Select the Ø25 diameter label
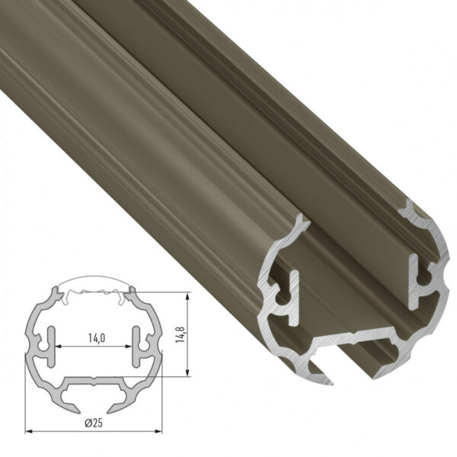(x=93, y=422)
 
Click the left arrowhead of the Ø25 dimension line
(x=29, y=430)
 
